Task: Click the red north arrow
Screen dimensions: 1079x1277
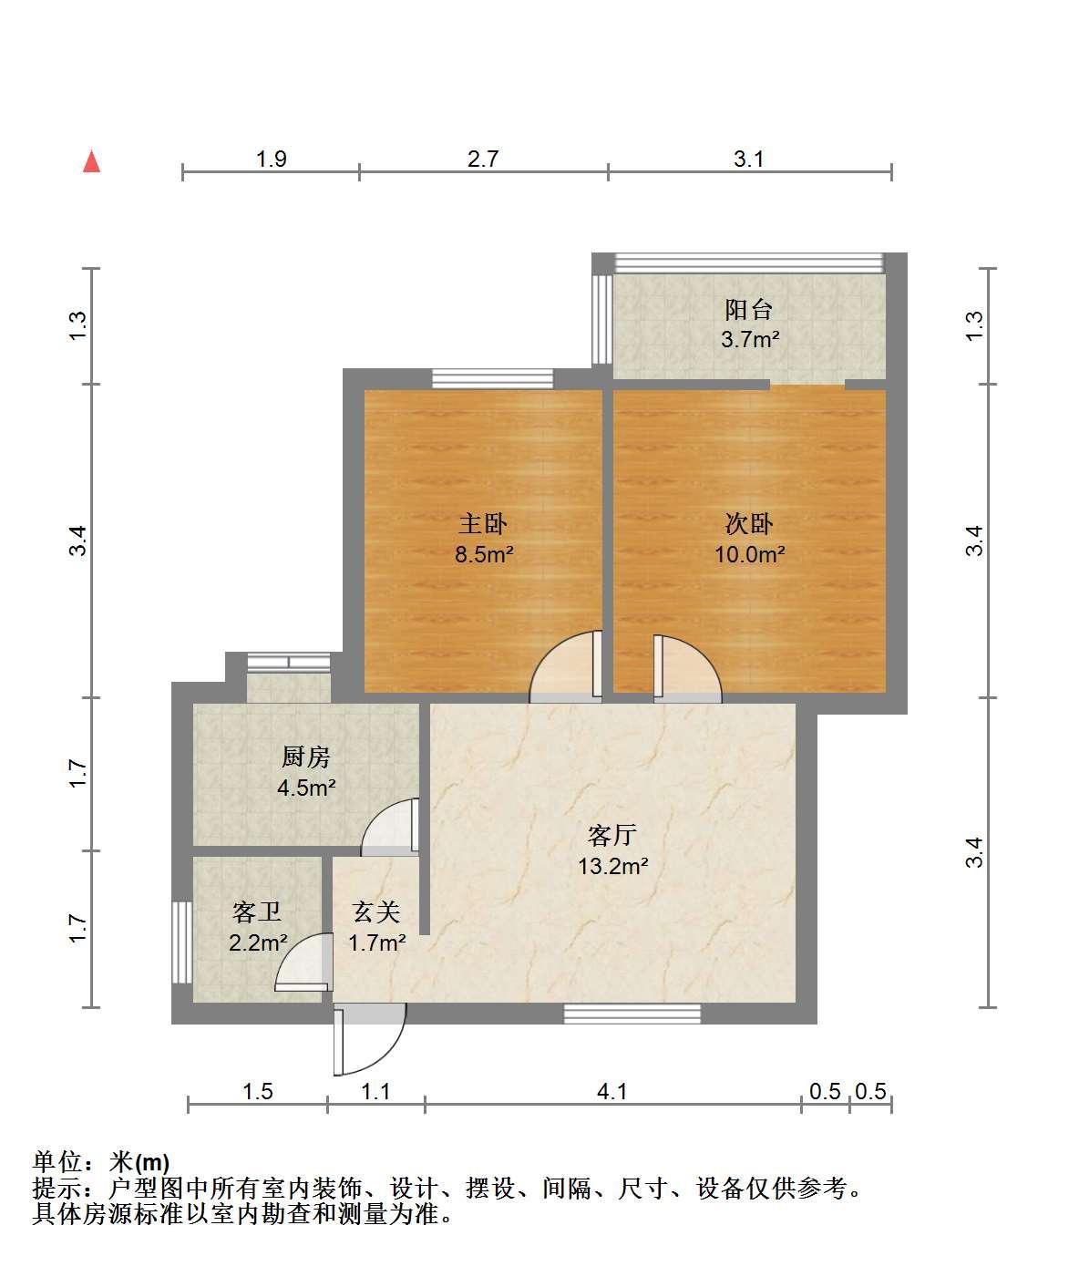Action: (92, 161)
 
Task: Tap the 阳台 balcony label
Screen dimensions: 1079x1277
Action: (749, 310)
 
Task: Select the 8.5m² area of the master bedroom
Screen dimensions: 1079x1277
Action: (484, 554)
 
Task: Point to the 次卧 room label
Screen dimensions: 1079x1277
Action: (749, 524)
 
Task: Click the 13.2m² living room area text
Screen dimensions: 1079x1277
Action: (613, 866)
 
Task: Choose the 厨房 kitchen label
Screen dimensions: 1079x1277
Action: (306, 757)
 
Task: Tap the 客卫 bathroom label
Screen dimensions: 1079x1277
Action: (257, 912)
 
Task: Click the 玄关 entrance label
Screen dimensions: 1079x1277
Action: (376, 912)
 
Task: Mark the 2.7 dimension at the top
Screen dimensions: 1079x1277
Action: (483, 159)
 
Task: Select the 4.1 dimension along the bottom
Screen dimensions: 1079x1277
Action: (612, 1092)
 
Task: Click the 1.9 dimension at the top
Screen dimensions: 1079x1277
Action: (271, 159)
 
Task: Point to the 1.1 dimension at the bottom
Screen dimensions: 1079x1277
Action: (375, 1092)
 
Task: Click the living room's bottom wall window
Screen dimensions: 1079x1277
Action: (632, 1014)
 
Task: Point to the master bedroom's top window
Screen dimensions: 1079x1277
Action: (492, 378)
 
